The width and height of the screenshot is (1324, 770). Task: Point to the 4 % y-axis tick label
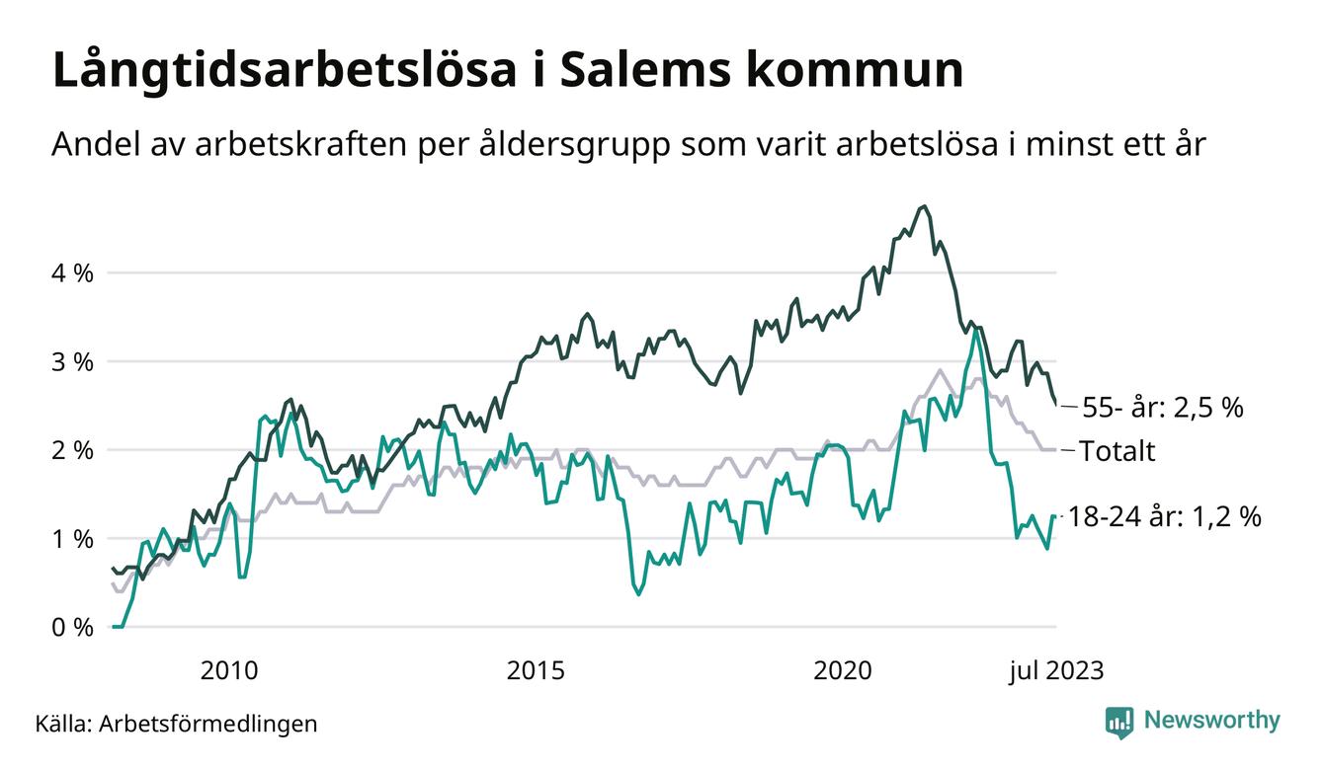[73, 272]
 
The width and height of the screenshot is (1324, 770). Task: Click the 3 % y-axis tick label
[73, 361]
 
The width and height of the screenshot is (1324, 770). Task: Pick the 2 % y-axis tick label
[73, 450]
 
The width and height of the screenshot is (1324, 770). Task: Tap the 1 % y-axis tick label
[73, 539]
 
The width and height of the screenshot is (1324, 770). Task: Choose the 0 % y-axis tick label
[73, 628]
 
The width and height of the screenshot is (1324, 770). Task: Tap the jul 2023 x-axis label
[1056, 671]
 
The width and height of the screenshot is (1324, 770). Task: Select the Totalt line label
[1117, 451]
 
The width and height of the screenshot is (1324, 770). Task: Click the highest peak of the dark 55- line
[924, 206]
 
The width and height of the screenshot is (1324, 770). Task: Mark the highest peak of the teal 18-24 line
[976, 328]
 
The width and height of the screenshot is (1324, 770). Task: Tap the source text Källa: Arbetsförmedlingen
[177, 724]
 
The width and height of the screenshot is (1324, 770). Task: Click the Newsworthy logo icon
[1119, 722]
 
